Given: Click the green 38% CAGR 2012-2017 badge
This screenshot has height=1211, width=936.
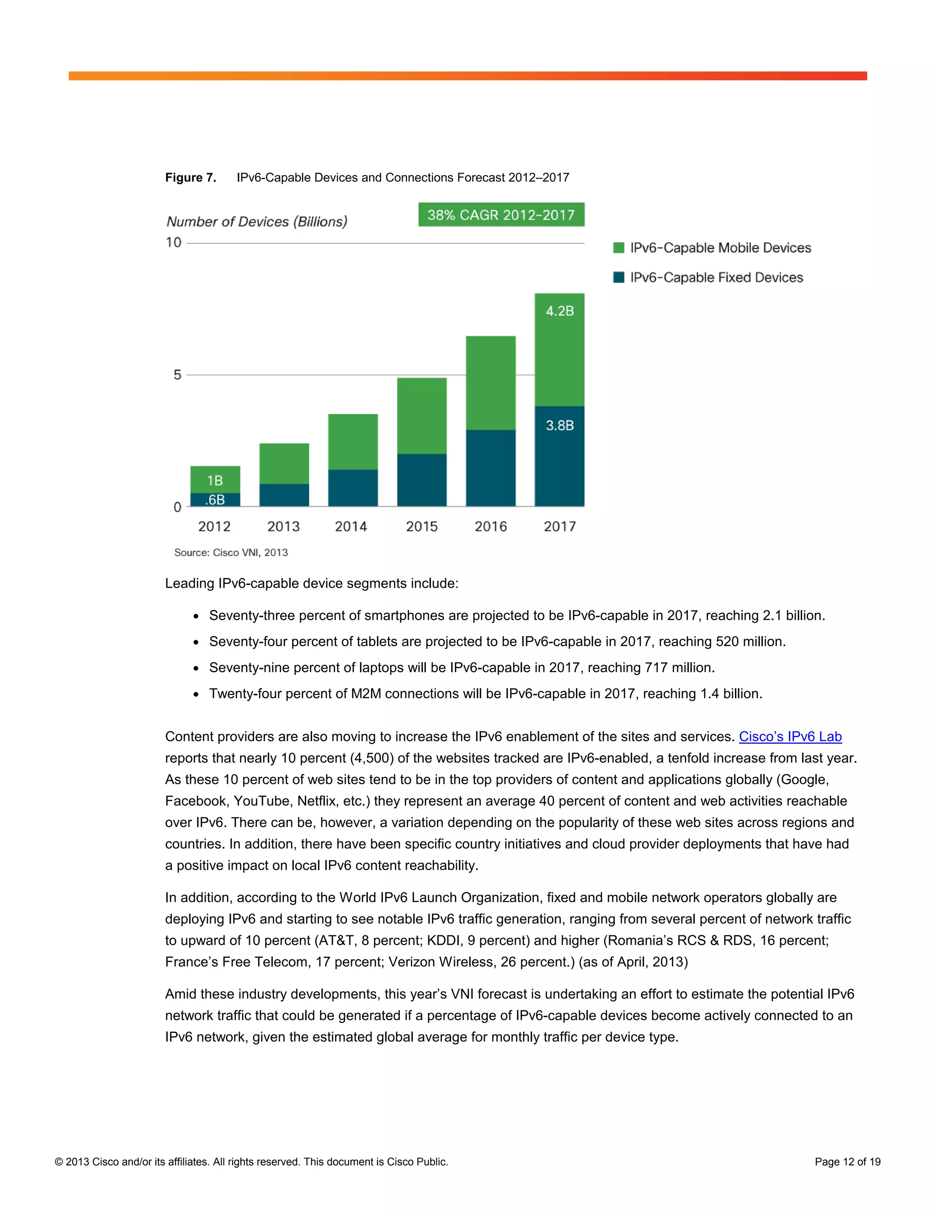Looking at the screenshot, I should pos(501,215).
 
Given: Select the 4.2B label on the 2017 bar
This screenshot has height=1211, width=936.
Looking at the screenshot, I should pos(559,311).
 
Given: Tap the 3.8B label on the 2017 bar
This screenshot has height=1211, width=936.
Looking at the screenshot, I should pos(559,425).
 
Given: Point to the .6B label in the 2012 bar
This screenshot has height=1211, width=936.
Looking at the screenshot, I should pos(215,499).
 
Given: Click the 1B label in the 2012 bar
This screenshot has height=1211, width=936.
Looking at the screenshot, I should pos(215,480).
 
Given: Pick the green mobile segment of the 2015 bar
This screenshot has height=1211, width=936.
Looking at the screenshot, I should pos(421,416).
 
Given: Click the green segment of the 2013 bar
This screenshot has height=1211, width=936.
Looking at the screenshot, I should pos(284,463).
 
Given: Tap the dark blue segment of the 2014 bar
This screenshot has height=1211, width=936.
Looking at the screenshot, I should pos(353,488).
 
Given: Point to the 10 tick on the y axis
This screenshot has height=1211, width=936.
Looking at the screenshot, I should pos(174,242).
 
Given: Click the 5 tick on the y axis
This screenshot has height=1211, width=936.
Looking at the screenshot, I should pos(177,375).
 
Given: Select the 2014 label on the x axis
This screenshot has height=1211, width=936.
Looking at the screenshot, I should pos(351,526).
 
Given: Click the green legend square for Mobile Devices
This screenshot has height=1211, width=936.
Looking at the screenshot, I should pos(618,248).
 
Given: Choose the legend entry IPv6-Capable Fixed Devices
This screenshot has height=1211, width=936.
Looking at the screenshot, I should pos(716,277).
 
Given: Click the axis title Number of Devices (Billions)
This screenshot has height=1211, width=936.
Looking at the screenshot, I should pos(257,222).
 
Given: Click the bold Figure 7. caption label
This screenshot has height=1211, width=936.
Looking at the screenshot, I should pos(190,177).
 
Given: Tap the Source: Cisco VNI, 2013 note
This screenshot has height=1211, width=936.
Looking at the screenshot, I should pos(231,552).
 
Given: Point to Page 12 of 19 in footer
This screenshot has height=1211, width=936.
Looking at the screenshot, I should pos(847,1162).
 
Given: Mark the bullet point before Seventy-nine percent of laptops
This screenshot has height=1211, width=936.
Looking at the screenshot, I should pos(196,669).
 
